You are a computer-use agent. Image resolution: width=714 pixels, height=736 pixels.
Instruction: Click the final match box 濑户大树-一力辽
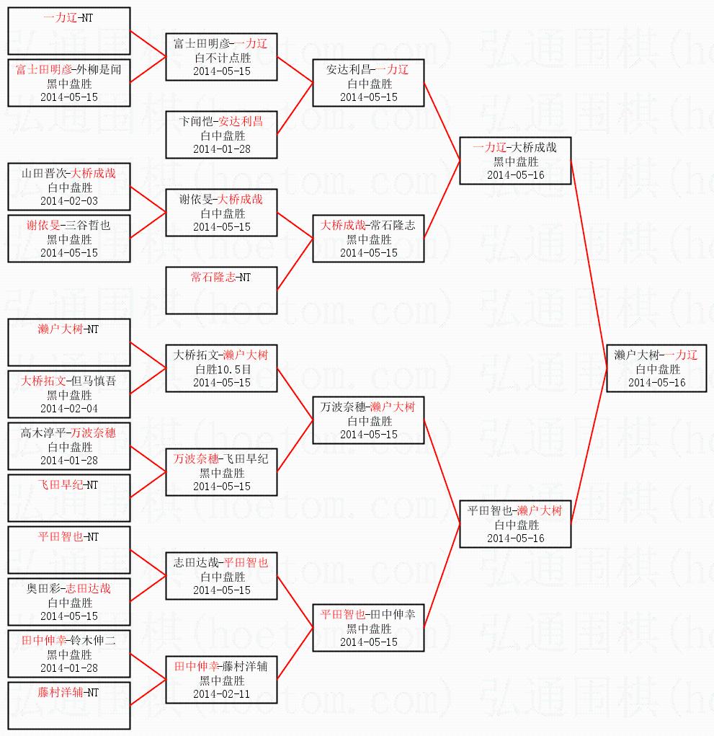pos(656,368)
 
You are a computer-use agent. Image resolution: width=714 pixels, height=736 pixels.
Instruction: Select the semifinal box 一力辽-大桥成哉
pos(515,161)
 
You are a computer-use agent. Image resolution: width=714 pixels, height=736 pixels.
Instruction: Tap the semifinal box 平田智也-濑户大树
pos(515,524)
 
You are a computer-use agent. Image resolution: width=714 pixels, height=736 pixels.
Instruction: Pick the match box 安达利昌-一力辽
pos(368,83)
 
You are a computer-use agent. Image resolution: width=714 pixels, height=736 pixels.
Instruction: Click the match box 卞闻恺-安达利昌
pos(221,135)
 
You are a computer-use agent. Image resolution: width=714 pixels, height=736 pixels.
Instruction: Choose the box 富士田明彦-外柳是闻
pos(68,83)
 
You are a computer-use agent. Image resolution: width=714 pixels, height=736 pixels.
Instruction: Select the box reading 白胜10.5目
pos(221,368)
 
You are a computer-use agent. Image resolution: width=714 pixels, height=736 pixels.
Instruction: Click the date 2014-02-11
pos(221,693)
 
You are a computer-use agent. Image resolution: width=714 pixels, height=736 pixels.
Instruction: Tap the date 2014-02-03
pos(68,200)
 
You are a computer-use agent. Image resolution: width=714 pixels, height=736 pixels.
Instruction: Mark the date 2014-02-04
pos(68,408)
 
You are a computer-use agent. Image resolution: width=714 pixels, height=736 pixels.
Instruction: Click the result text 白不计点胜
pos(221,57)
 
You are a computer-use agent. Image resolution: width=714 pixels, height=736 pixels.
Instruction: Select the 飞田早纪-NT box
pos(68,497)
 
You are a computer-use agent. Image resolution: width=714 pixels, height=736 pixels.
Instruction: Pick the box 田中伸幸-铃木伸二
pos(68,654)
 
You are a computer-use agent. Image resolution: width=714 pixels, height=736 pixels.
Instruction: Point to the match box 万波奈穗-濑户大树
pos(368,420)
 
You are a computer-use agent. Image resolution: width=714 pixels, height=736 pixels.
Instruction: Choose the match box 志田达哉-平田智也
pos(221,576)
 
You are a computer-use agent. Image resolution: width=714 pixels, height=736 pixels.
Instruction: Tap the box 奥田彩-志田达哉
pos(68,602)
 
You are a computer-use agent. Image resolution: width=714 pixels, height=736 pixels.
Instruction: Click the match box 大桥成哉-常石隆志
pos(368,239)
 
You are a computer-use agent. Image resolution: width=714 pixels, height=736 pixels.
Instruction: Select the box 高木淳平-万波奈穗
pos(68,446)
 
